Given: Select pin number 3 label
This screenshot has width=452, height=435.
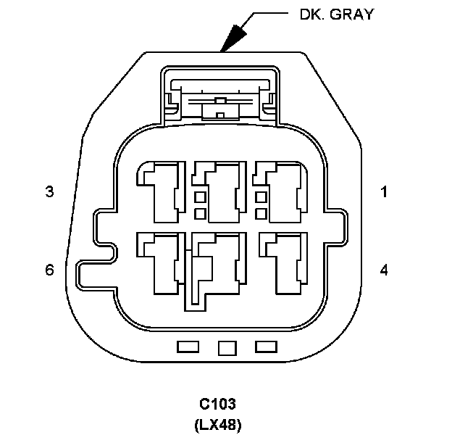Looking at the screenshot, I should tap(49, 192).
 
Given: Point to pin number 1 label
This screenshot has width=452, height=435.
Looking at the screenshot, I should tap(384, 192).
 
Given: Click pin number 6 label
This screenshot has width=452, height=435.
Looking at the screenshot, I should tap(49, 270).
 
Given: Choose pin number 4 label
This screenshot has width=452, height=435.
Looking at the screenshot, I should tap(384, 270).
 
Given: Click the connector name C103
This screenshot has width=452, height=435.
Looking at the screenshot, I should tap(217, 403).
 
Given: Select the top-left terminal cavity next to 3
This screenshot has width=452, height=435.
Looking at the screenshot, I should tap(161, 190).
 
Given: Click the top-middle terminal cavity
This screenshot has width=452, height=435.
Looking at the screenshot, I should tap(217, 190).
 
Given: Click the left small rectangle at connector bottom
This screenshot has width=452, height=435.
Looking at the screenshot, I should tap(188, 347).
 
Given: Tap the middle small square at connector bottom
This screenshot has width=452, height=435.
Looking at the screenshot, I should tap(227, 348).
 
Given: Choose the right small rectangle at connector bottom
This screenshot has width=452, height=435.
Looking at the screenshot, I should tap(267, 347).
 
